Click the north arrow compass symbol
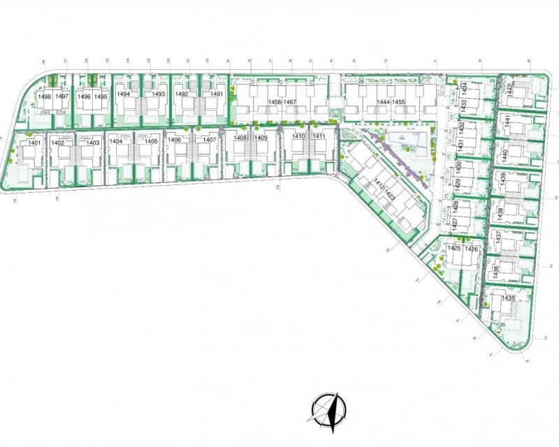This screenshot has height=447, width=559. (x=328, y=409)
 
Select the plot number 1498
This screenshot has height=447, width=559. (x=45, y=96)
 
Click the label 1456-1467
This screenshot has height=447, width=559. (x=282, y=103)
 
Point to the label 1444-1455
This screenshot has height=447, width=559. (x=391, y=103)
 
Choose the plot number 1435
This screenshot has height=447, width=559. (x=508, y=298)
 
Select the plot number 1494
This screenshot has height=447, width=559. (x=124, y=94)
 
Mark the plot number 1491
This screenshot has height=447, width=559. (x=217, y=94)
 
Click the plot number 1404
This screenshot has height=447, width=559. (x=116, y=141)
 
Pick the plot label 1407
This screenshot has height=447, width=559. (x=209, y=140)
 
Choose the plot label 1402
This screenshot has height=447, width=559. (x=58, y=142)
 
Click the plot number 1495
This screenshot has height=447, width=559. (x=101, y=96)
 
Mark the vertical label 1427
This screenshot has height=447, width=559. (x=454, y=224)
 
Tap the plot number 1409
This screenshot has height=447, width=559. (x=261, y=138)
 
